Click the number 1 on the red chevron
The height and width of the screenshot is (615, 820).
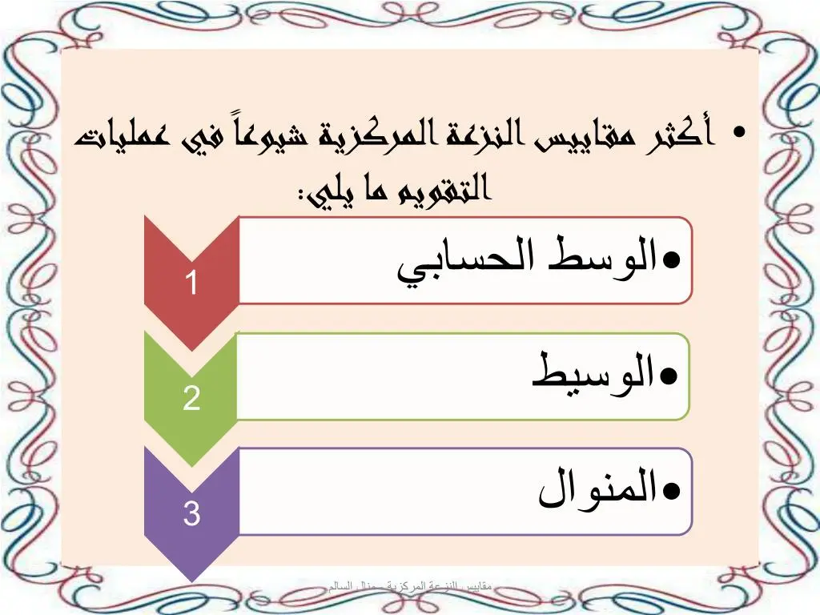point(191,283)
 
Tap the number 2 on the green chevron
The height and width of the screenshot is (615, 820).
point(191,398)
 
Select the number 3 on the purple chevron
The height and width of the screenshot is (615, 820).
point(191,513)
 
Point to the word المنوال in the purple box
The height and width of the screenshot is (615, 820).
point(597,488)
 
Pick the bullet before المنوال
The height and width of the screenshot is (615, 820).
point(672,490)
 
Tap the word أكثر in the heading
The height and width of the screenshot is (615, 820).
point(681,136)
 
